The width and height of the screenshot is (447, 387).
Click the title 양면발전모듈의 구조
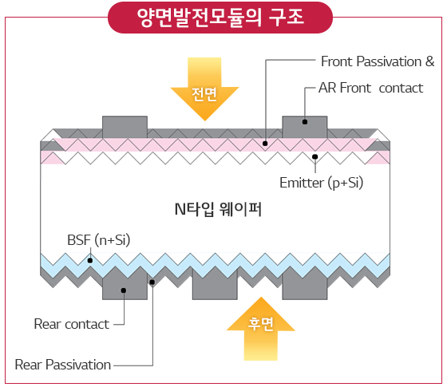click(220, 17)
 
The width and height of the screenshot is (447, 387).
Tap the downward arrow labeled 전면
click(204, 89)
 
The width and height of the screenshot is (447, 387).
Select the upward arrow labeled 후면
click(260, 329)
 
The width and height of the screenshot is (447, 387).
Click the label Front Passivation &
click(378, 61)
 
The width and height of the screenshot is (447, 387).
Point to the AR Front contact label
click(370, 88)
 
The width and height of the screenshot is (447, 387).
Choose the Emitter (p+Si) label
click(321, 183)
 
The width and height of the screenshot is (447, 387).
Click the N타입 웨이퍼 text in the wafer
click(218, 209)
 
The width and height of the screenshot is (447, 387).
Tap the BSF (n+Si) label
click(99, 240)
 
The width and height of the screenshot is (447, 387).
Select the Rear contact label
click(72, 324)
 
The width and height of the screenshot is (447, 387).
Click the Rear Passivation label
click(63, 365)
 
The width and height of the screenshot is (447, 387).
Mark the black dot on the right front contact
click(305, 122)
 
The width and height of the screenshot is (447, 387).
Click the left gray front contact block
click(125, 127)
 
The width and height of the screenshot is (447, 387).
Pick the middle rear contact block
click(215, 285)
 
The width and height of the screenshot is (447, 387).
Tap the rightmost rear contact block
click(305, 285)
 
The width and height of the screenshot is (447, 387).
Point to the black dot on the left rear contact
click(124, 290)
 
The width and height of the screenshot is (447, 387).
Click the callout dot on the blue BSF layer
click(90, 260)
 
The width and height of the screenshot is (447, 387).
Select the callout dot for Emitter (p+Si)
click(315, 156)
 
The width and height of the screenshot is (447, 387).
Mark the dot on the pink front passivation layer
click(265, 144)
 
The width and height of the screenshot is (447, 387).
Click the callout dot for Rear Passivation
click(152, 282)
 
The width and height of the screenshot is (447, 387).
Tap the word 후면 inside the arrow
click(260, 324)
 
